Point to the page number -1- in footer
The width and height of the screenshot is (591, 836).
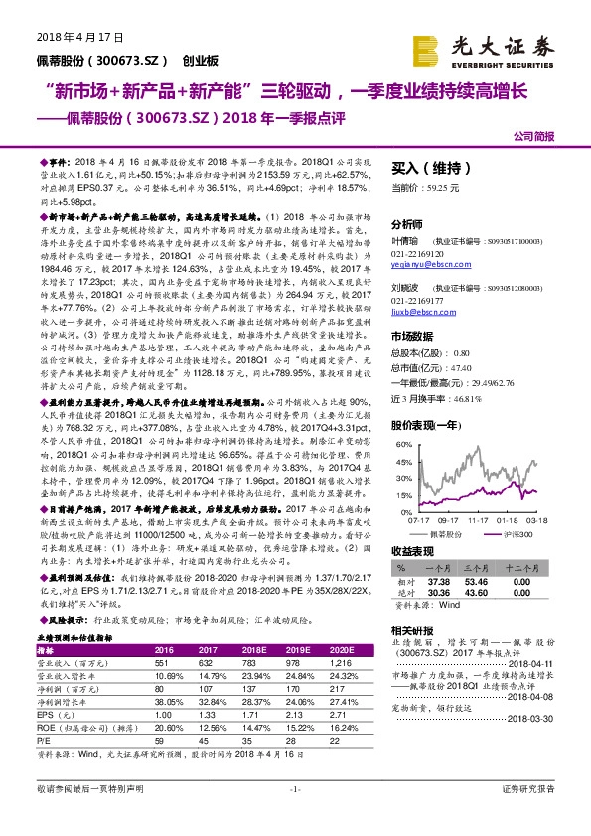(x=295, y=815)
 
